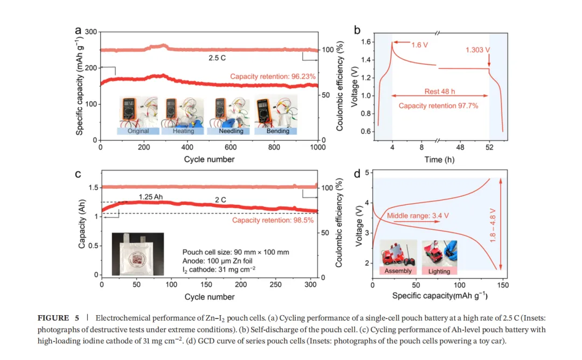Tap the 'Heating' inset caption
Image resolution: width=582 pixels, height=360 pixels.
tap(183, 131)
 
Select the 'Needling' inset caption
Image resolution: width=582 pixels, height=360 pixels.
tap(230, 131)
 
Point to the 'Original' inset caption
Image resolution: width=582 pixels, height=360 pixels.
tap(138, 131)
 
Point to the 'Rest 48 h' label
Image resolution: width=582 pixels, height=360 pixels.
tap(440, 91)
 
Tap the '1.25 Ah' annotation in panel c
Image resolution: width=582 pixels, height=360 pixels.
tap(150, 197)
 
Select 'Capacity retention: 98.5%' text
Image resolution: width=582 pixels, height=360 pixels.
tap(273, 220)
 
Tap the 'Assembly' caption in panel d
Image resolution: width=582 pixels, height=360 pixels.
tap(398, 271)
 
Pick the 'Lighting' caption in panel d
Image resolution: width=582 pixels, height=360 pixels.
tap(439, 271)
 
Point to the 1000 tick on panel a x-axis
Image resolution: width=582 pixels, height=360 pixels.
tap(317, 147)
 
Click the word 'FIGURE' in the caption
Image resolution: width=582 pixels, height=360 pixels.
tap(53, 319)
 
